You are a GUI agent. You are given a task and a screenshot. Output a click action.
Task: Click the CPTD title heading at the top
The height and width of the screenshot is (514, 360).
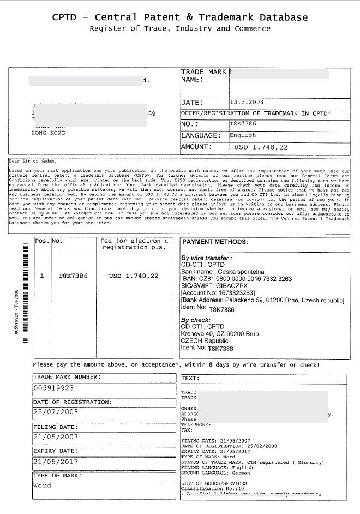click(179, 17)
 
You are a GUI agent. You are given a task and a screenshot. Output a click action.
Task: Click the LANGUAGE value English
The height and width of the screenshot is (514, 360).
click(243, 135)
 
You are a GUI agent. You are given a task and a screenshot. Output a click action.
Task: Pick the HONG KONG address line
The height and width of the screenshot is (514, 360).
click(49, 133)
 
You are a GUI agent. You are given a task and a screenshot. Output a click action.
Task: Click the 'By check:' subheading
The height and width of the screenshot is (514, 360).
click(196, 320)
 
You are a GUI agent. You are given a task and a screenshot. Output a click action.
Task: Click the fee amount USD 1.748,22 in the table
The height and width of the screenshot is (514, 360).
click(134, 276)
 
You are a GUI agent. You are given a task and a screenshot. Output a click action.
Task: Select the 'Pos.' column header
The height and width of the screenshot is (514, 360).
click(42, 241)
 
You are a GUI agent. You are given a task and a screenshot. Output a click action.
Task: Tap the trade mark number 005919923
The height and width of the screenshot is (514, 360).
click(53, 388)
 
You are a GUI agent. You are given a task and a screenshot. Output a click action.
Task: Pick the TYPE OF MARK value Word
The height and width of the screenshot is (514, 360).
click(42, 485)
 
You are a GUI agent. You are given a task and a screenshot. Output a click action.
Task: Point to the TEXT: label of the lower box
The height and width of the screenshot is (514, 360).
click(190, 378)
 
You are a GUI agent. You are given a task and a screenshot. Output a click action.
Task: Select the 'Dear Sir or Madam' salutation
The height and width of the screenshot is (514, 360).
click(33, 162)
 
